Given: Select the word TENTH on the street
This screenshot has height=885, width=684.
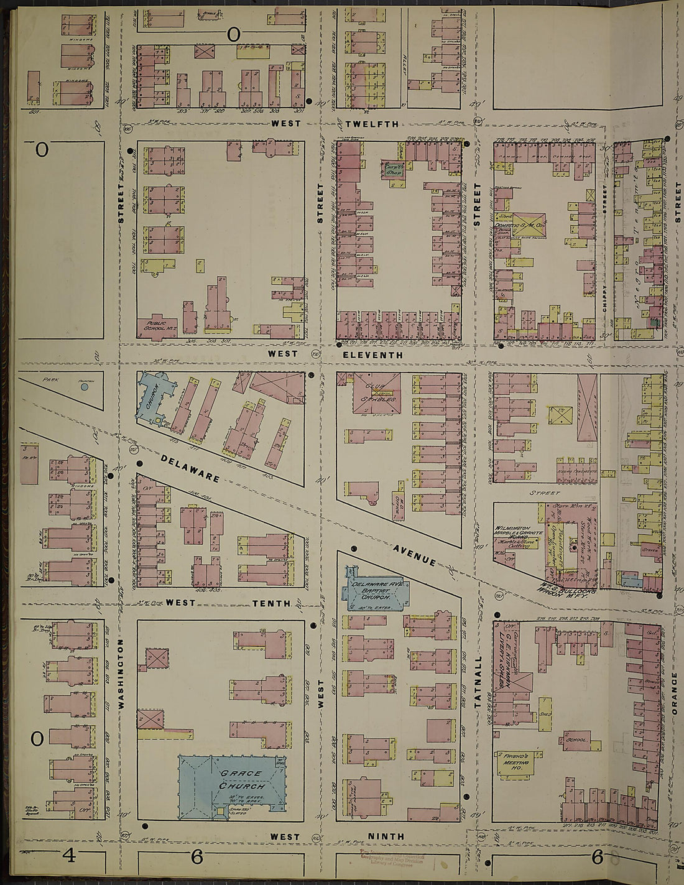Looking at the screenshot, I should point(271,603).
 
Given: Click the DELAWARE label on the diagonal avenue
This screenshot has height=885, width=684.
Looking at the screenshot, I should point(190,468).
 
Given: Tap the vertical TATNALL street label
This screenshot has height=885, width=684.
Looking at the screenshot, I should point(478,682).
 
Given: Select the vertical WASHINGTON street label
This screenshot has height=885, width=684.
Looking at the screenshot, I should point(121,674).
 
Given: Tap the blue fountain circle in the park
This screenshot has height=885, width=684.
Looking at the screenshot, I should point(85,387).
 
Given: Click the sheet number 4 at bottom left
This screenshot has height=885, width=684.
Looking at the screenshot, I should point(68,858).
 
